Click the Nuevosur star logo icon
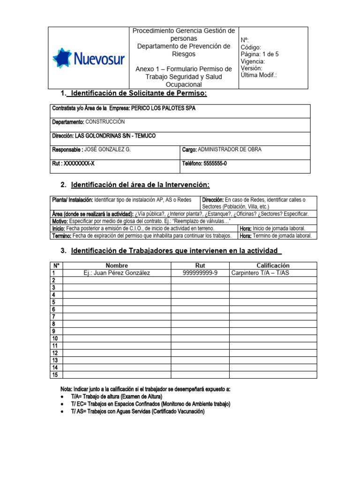[62, 58]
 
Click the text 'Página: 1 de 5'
[259, 54]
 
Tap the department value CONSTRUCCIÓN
[105, 122]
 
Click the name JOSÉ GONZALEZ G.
[106, 150]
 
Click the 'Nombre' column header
[117, 266]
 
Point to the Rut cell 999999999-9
[200, 273]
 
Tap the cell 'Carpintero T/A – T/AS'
[261, 273]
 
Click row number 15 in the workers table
[55, 375]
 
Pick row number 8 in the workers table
[54, 324]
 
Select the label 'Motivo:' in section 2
[60, 221]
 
